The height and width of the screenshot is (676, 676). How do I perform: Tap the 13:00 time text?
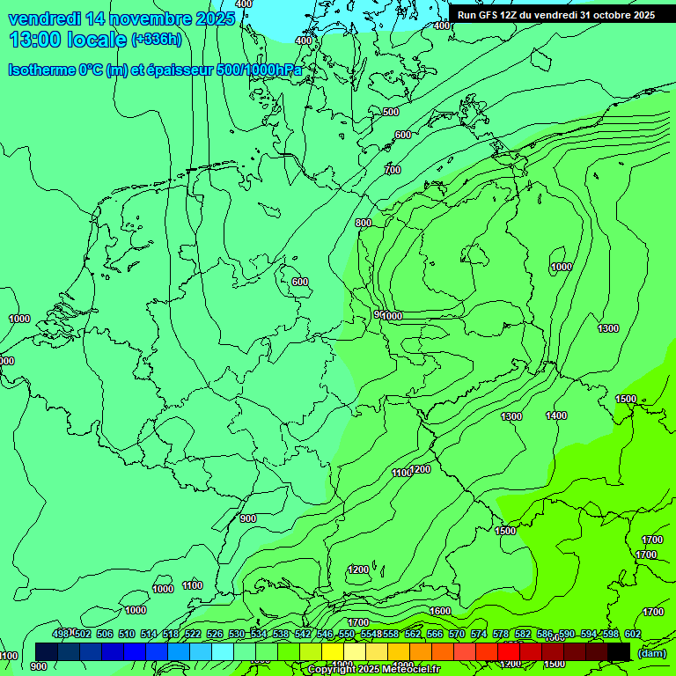click(x=36, y=40)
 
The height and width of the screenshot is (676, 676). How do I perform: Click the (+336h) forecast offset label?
click(x=157, y=40)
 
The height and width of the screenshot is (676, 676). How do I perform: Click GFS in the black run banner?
click(x=490, y=15)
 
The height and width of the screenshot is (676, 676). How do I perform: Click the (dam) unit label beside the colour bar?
click(x=650, y=652)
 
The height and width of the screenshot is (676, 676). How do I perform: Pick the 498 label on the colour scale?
click(x=61, y=634)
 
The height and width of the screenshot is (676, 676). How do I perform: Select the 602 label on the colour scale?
click(x=632, y=634)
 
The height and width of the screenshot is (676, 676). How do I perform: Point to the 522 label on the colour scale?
click(x=193, y=634)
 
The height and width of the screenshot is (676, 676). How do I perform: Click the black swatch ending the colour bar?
click(x=619, y=651)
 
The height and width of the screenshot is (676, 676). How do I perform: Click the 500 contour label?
click(x=391, y=112)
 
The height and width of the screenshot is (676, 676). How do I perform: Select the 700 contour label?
click(x=393, y=170)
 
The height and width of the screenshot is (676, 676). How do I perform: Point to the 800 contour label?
click(x=364, y=223)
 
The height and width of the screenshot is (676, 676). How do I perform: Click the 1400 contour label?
click(x=556, y=415)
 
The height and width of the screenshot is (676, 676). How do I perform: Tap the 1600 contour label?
click(x=440, y=611)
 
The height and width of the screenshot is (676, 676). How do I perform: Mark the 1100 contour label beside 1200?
click(x=401, y=474)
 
